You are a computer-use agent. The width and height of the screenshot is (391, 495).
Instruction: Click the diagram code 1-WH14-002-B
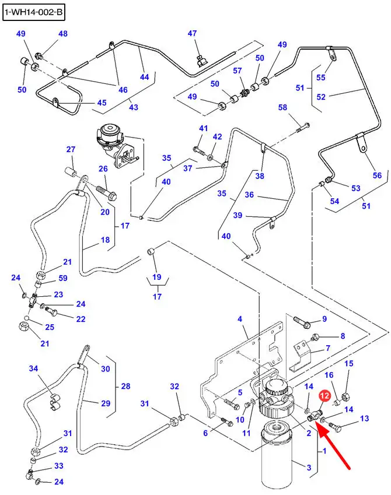33,12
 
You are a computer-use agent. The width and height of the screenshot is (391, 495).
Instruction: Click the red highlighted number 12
324,396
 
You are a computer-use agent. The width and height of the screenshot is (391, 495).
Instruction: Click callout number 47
193,34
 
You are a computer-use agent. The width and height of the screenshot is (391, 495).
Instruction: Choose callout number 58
282,108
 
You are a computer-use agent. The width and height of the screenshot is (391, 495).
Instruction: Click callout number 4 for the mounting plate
239,319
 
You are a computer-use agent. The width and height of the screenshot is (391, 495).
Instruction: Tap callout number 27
71,150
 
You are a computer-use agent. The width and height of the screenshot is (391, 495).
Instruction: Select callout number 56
377,176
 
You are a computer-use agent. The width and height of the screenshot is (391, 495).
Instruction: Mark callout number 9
324,319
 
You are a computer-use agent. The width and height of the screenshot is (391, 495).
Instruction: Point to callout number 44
144,76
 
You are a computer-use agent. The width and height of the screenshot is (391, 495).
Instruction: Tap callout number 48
62,34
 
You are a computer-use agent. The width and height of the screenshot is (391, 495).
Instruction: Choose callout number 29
106,403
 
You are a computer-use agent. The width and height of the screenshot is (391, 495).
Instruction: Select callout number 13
365,419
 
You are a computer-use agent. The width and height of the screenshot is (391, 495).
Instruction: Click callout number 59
62,278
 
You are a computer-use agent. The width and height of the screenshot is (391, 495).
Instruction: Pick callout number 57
238,71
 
